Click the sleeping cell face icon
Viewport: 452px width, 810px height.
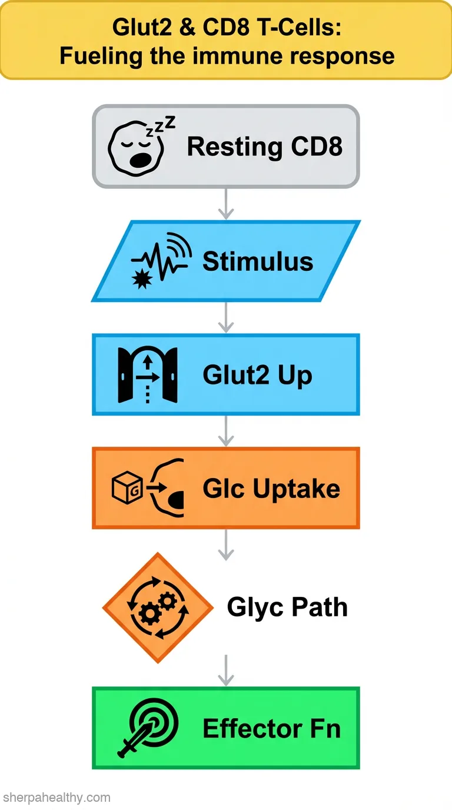click(136, 149)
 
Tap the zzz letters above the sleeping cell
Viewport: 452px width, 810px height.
click(161, 126)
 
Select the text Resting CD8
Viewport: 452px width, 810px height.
click(265, 147)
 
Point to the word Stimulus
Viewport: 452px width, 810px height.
click(258, 261)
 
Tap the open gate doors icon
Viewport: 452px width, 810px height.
click(148, 375)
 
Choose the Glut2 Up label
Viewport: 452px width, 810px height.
click(257, 376)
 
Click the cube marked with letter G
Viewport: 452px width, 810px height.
click(127, 487)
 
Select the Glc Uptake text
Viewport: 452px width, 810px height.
click(271, 489)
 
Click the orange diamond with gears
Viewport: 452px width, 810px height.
click(158, 608)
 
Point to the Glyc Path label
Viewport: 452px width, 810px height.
click(287, 607)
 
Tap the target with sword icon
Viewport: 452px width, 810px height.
click(148, 727)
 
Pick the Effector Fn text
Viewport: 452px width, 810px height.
click(272, 728)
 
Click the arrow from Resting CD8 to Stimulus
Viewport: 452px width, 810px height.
click(226, 204)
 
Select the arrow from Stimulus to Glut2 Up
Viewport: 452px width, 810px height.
click(226, 317)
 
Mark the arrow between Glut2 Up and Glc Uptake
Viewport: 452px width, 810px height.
click(226, 431)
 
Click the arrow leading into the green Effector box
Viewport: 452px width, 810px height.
click(226, 670)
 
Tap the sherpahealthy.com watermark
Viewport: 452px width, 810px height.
click(56, 797)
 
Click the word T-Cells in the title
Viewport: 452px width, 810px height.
click(298, 27)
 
